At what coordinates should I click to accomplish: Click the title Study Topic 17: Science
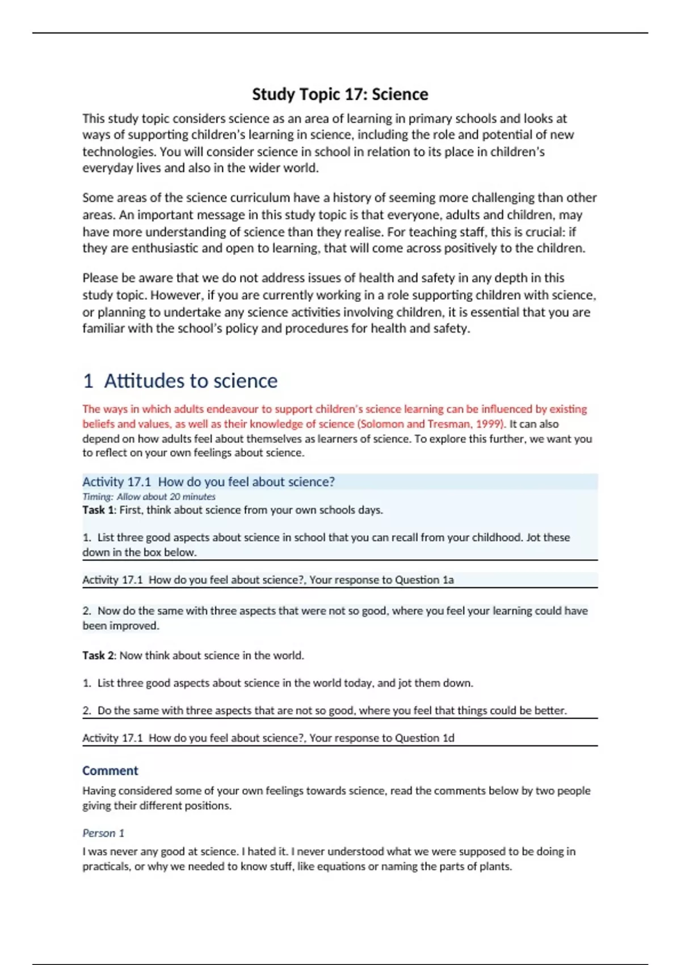click(x=340, y=94)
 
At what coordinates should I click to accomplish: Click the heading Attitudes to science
click(x=191, y=381)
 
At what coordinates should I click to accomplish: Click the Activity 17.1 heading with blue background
click(x=208, y=482)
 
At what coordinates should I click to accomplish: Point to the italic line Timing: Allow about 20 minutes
click(x=149, y=497)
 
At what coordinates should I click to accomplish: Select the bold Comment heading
click(x=110, y=771)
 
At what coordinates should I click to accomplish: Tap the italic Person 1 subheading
click(x=103, y=833)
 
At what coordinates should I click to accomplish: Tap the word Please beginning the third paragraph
click(x=100, y=278)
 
